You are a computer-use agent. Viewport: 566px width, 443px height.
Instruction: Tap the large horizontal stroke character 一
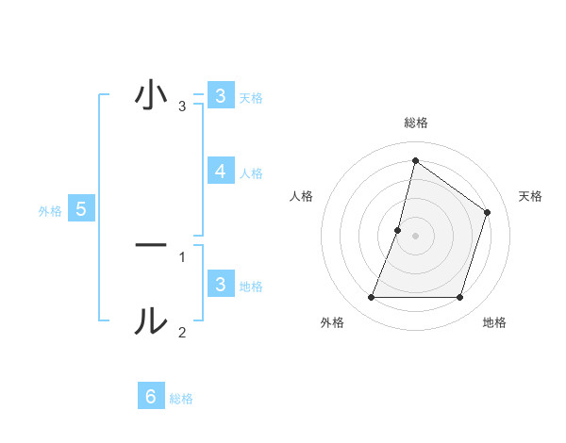151,245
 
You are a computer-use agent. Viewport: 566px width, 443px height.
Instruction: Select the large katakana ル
151,320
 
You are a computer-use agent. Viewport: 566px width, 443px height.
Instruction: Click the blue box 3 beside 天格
220,95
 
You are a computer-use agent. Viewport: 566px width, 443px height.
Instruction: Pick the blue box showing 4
220,172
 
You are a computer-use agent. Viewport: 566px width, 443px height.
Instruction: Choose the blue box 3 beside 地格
220,285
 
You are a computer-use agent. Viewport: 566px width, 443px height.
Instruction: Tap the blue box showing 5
81,209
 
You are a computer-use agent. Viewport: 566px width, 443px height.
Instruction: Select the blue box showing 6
151,397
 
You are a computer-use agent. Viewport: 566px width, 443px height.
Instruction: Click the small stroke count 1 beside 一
182,255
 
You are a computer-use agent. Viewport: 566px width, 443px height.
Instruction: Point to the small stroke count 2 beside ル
182,332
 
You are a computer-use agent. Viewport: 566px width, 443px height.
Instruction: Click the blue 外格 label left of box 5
50,211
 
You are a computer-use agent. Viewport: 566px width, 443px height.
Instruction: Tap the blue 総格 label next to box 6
181,399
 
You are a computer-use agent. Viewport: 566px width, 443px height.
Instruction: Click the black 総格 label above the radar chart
416,123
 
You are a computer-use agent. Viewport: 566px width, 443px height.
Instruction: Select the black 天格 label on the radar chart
531,196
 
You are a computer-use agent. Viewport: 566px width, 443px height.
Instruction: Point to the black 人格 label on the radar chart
301,196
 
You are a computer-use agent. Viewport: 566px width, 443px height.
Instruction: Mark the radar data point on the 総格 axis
415,161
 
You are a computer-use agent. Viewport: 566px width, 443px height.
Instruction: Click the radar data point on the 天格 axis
488,212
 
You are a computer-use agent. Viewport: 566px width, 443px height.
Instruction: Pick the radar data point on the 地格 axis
459,298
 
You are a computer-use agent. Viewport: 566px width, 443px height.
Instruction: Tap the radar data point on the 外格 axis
371,298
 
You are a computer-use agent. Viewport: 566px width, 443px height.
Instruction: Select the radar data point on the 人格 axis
398,230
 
